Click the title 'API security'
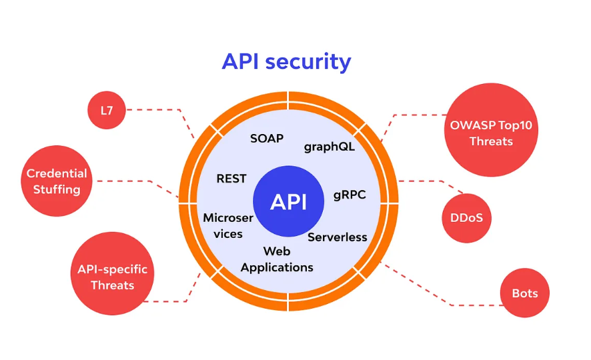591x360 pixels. pyautogui.click(x=286, y=62)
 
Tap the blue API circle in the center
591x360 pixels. pyautogui.click(x=288, y=201)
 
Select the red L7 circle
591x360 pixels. pyautogui.click(x=107, y=110)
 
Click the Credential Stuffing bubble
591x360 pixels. pyautogui.click(x=57, y=181)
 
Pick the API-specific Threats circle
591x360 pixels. pyautogui.click(x=112, y=273)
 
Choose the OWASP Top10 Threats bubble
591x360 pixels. pyautogui.click(x=491, y=129)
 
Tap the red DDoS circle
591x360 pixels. pyautogui.click(x=467, y=218)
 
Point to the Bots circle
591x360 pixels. pyautogui.click(x=525, y=293)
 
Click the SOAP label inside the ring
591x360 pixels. pyautogui.click(x=267, y=139)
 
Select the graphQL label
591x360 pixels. pyautogui.click(x=330, y=147)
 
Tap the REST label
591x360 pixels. pyautogui.click(x=231, y=179)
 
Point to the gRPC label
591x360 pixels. pyautogui.click(x=350, y=195)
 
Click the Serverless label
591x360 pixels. pyautogui.click(x=338, y=237)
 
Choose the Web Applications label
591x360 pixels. pyautogui.click(x=277, y=259)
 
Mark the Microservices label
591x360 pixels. pyautogui.click(x=228, y=225)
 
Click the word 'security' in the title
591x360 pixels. pyautogui.click(x=308, y=63)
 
